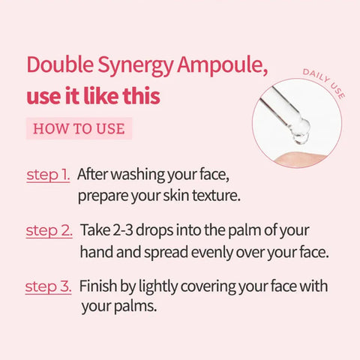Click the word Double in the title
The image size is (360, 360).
pyautogui.click(x=60, y=64)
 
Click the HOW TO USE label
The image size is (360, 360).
pyautogui.click(x=79, y=128)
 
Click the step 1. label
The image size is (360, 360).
pyautogui.click(x=48, y=175)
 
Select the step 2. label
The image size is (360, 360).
pyautogui.click(x=49, y=230)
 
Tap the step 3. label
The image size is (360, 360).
pyautogui.click(x=48, y=286)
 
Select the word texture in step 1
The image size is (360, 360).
pyautogui.click(x=216, y=196)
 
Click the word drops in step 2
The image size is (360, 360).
pyautogui.click(x=154, y=232)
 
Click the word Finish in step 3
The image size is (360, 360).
pyautogui.click(x=98, y=286)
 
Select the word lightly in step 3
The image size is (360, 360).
pyautogui.click(x=158, y=287)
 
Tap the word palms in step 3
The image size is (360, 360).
pyautogui.click(x=135, y=307)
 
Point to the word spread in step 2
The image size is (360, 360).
pyautogui.click(x=166, y=253)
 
